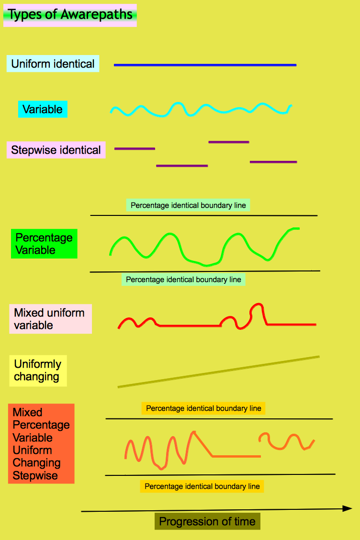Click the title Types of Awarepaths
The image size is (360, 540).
tap(70, 15)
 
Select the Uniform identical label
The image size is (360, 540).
tap(53, 64)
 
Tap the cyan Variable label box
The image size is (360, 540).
tap(43, 109)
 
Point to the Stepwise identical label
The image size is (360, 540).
tap(56, 150)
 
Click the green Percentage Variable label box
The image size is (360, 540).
tap(44, 244)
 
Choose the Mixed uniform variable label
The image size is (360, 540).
tap(50, 319)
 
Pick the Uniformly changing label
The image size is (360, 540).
tap(38, 371)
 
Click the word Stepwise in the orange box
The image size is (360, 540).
tap(35, 475)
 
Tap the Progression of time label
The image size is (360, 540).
tap(207, 521)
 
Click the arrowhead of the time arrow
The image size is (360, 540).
tap(352, 508)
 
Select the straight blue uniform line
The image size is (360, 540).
tap(205, 65)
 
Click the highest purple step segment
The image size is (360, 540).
tap(229, 142)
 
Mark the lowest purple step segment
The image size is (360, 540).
tap(182, 166)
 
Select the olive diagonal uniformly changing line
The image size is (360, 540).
tap(218, 372)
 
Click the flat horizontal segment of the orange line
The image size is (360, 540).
tap(236, 456)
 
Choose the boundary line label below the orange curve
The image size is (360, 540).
tap(202, 486)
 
